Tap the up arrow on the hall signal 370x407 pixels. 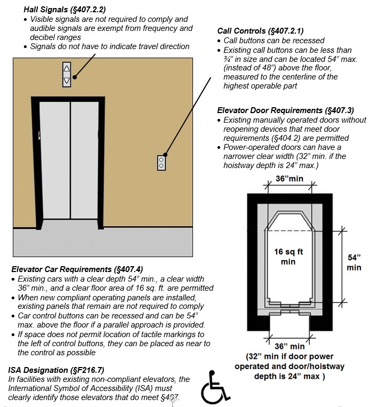(67, 69)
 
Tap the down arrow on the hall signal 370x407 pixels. (67, 81)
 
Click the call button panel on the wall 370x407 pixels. (162, 163)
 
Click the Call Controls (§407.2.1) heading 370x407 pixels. (261, 31)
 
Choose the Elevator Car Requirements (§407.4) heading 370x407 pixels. (77, 269)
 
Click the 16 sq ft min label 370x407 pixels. (288, 257)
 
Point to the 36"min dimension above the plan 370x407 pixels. (289, 179)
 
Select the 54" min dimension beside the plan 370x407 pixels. (353, 261)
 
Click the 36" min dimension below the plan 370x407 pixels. (289, 347)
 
